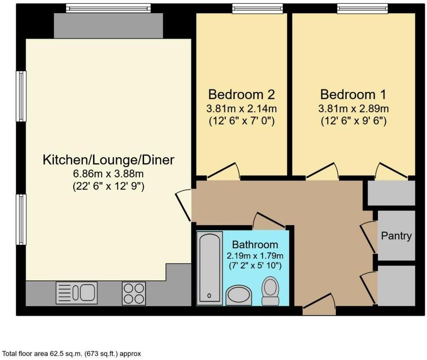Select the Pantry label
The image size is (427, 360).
(396, 236)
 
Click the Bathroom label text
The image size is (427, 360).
(255, 245)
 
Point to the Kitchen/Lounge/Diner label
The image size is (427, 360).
(109, 160)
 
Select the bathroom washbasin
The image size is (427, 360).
(239, 295)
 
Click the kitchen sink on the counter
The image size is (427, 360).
(77, 292)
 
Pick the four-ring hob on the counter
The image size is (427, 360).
(134, 292)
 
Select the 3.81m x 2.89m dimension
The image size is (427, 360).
(353, 108)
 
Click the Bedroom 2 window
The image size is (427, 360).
(257, 8)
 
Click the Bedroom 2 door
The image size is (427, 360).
(223, 172)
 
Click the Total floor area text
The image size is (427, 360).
(72, 353)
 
